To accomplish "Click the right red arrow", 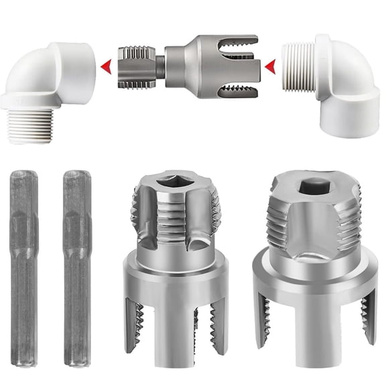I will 270,66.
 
